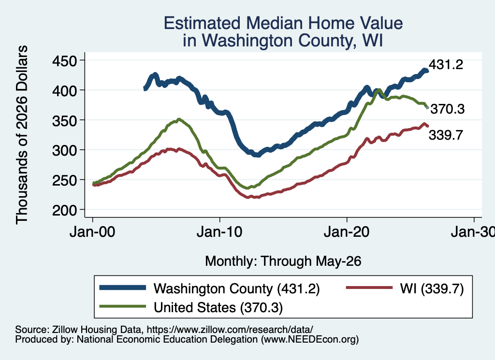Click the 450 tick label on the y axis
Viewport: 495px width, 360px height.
coord(64,60)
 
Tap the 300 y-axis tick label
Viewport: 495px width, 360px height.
coord(64,150)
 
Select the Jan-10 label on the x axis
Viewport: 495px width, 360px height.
coord(219,232)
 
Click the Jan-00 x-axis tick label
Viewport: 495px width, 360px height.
coord(92,232)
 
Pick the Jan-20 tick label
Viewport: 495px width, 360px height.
coord(347,232)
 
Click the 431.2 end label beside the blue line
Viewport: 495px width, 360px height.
coord(446,64)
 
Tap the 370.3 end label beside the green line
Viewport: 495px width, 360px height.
coord(448,109)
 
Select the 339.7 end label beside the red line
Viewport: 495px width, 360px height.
coord(446,135)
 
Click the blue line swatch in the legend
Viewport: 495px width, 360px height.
coord(123,288)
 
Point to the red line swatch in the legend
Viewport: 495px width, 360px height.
coord(369,288)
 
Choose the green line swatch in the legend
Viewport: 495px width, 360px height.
coord(123,306)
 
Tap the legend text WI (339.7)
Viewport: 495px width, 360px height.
coord(432,288)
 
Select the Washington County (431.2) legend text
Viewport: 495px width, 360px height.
coord(237,288)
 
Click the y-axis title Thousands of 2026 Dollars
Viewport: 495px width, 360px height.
coord(22,135)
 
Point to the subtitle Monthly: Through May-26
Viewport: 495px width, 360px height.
coord(283,261)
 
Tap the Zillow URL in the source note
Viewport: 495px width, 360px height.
coord(230,330)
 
